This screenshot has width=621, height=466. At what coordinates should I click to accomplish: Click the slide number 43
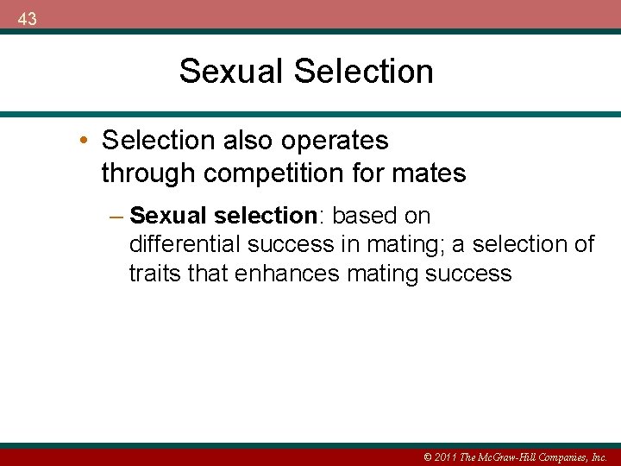pos(27,18)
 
